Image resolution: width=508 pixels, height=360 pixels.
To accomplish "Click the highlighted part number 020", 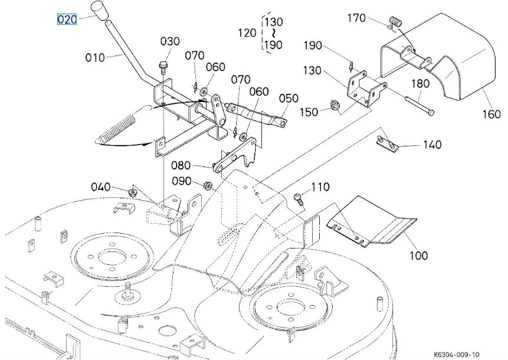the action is coord(67,19).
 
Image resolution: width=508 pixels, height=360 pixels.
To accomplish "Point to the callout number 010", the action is coord(95,58).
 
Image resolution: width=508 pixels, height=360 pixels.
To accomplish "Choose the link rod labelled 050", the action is coord(256,114).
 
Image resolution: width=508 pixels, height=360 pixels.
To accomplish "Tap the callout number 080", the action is coord(181,165).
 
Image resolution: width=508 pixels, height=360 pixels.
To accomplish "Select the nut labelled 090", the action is coord(208,186).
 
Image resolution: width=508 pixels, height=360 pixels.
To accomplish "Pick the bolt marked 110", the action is coord(299,198).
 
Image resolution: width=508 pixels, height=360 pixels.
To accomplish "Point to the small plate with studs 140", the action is coord(387,143).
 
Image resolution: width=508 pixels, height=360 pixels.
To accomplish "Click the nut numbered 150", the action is coord(333,105).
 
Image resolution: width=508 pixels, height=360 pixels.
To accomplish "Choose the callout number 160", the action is coord(491,114).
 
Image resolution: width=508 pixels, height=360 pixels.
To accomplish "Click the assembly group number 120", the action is coord(247,32).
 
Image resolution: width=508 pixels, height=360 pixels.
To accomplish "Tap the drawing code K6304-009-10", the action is coord(457,355).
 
